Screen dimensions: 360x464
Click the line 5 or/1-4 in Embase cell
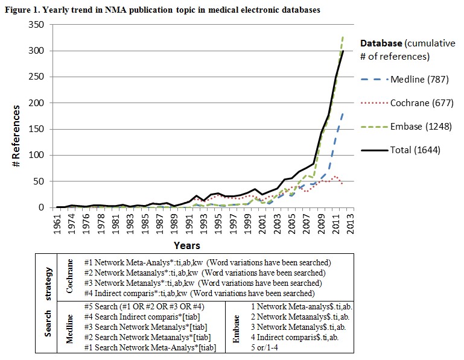tap(266, 347)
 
